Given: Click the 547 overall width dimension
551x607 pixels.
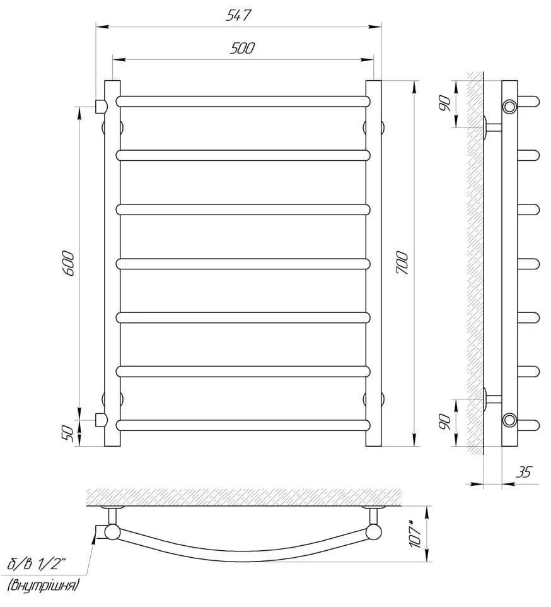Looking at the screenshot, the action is tap(238, 15).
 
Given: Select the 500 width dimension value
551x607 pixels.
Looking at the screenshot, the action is tap(243, 49).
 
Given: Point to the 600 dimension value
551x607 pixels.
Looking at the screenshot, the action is tap(67, 263).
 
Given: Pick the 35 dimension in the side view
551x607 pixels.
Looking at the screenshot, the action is tap(524, 472).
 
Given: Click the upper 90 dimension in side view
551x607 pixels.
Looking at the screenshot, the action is tap(445, 103).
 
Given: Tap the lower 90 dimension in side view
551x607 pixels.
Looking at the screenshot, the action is tap(445, 422).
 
